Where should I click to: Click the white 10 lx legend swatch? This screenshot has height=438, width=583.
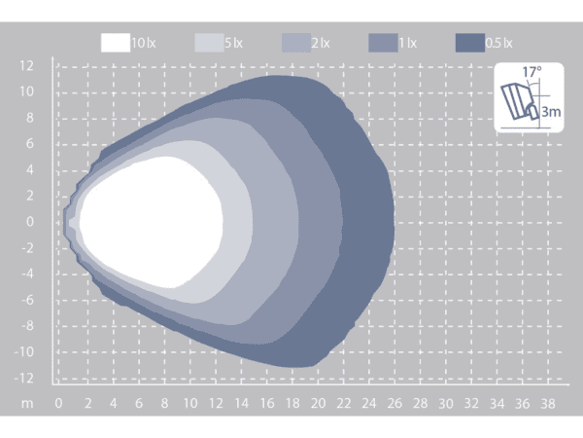(116, 43)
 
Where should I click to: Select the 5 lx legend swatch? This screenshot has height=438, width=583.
(209, 43)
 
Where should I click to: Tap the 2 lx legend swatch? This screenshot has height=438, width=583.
(296, 43)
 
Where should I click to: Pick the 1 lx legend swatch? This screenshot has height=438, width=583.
(383, 43)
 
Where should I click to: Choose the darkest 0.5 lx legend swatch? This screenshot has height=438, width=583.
(470, 43)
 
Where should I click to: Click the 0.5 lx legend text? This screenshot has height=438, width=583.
(499, 43)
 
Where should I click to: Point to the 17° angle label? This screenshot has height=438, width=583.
(532, 72)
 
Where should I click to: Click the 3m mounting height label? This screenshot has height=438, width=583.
(551, 111)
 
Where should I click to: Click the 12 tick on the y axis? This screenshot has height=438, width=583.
(26, 66)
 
